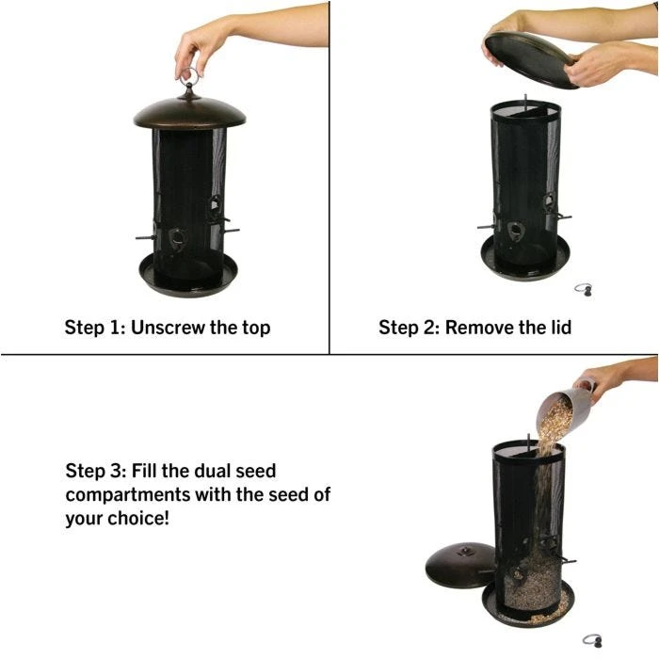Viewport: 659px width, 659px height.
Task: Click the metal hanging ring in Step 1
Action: click(189, 76)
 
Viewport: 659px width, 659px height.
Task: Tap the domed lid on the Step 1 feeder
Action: click(189, 111)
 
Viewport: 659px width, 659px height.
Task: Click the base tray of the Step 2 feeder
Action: click(524, 259)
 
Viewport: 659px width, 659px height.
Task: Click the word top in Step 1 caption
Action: click(255, 328)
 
